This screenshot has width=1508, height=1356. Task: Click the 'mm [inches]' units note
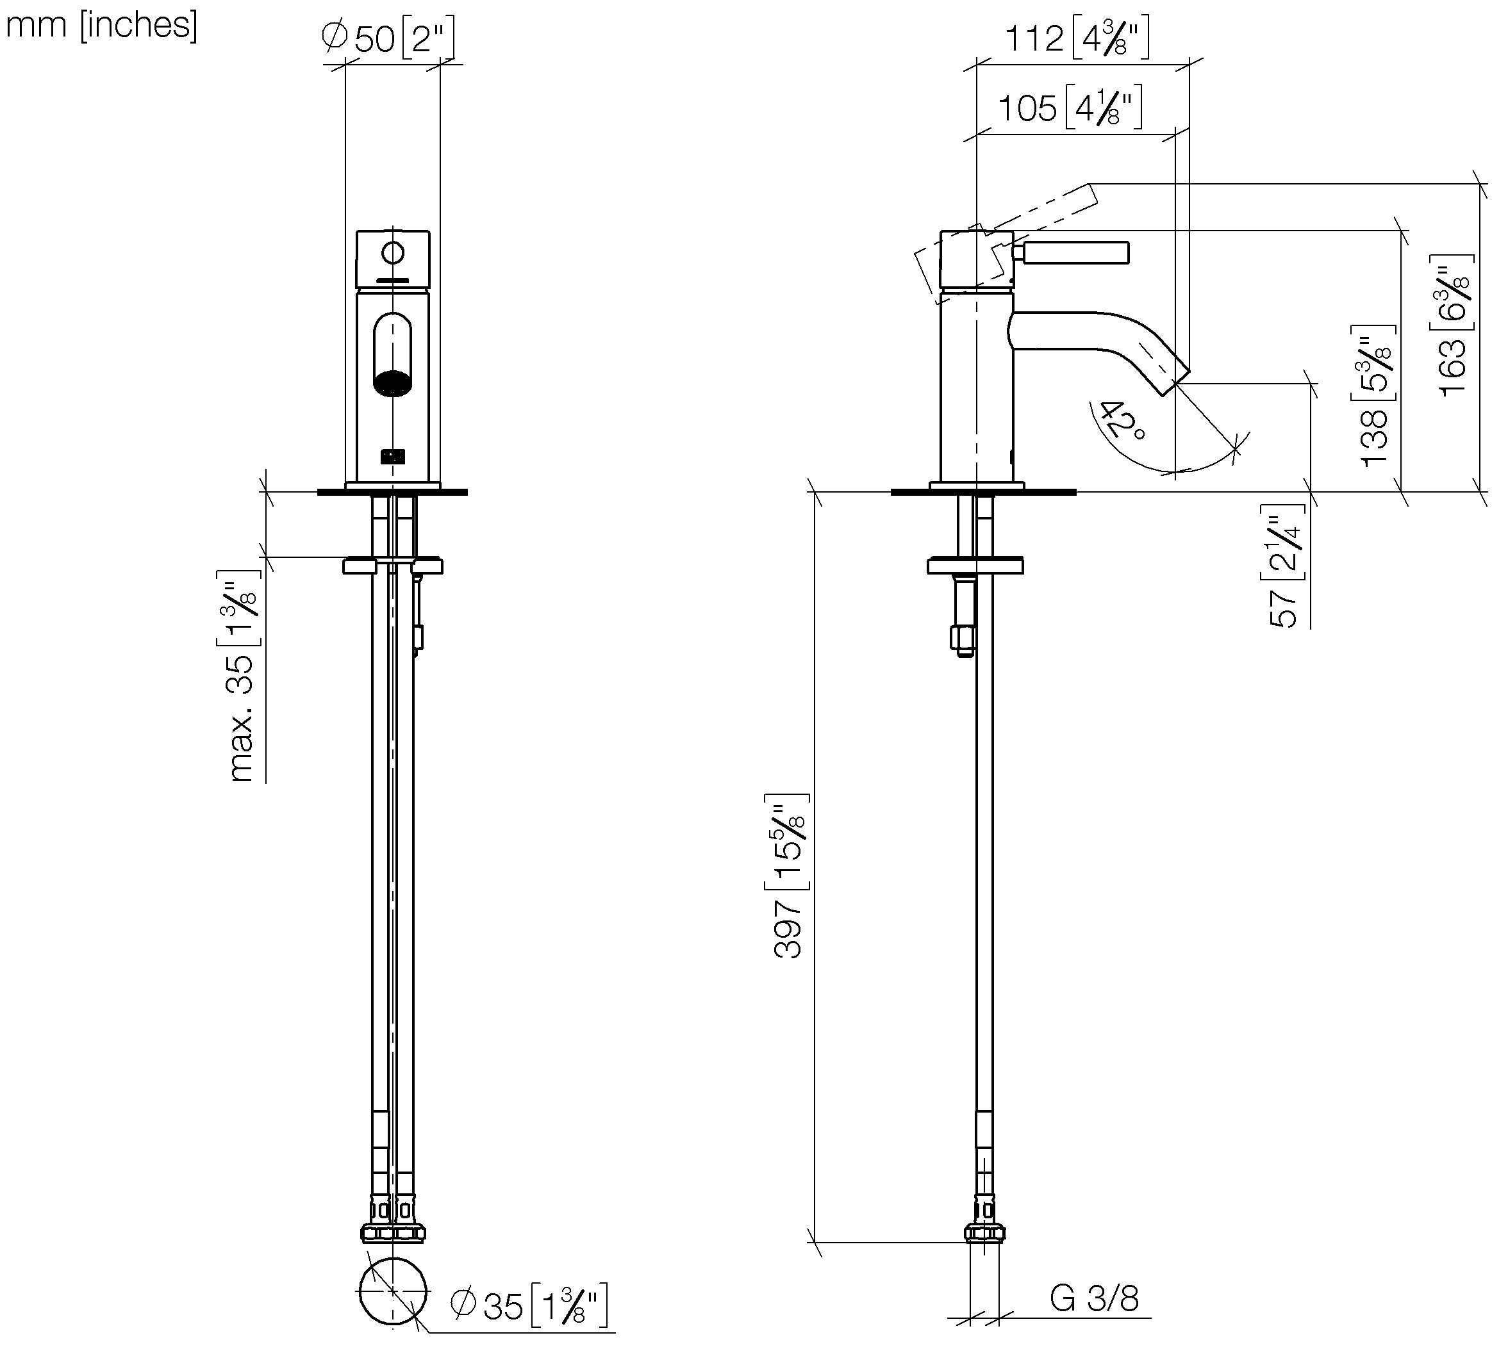(102, 26)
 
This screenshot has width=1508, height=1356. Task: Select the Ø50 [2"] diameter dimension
(388, 37)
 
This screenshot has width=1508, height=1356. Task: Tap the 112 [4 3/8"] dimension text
(1077, 38)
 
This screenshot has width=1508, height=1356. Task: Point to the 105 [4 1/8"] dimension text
(1070, 108)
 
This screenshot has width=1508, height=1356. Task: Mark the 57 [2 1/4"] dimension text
(1284, 566)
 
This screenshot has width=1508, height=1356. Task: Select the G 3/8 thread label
(1094, 1298)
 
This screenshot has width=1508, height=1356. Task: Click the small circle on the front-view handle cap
(393, 252)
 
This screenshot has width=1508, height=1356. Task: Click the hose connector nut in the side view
(984, 1233)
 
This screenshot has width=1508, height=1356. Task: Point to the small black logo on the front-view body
(393, 456)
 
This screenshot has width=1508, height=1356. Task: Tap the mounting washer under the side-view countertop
(975, 566)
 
